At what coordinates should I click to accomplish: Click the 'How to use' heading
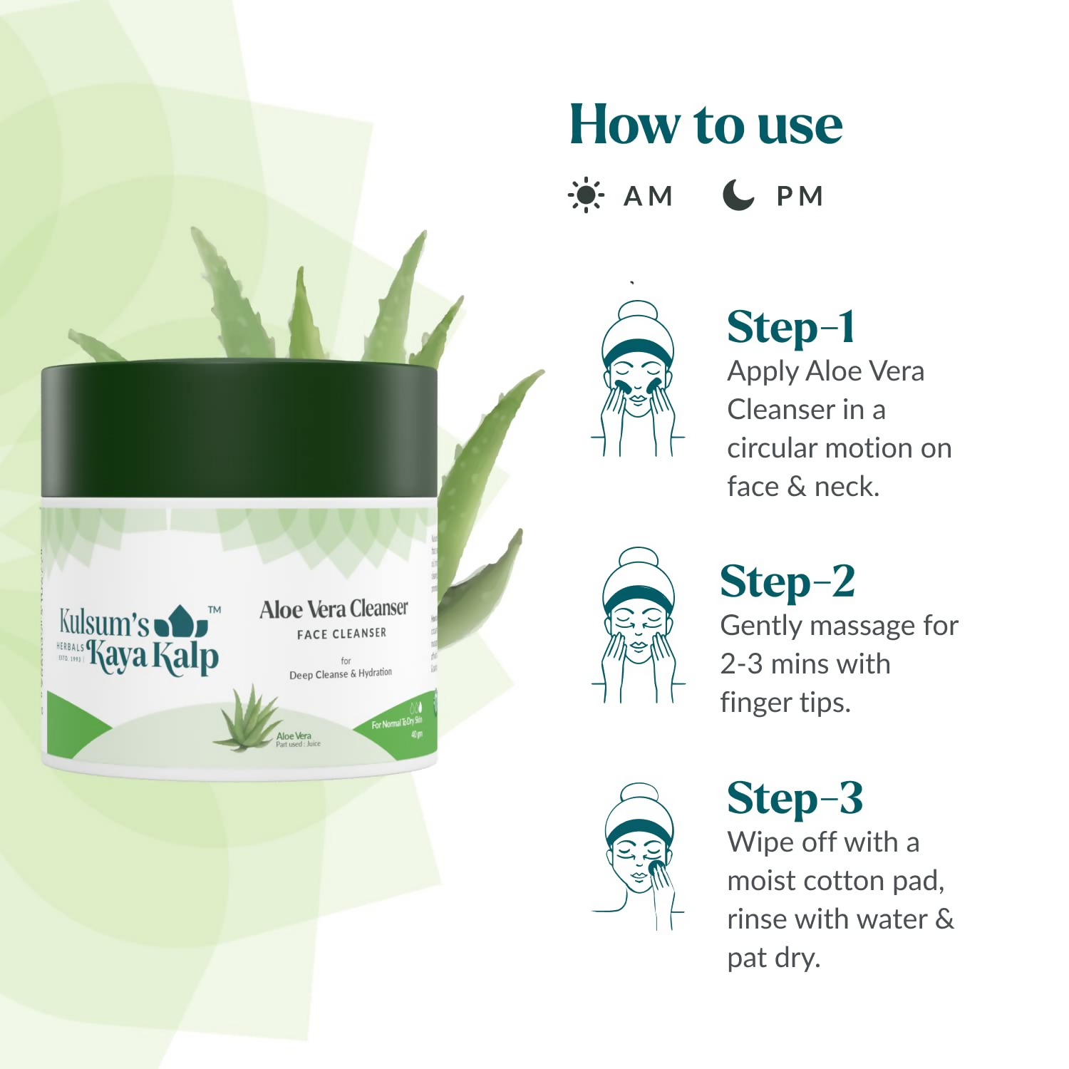pyautogui.click(x=706, y=125)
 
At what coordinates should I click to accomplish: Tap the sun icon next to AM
pyautogui.click(x=586, y=195)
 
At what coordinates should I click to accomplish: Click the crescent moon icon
pyautogui.click(x=738, y=195)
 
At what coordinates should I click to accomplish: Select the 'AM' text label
pyautogui.click(x=648, y=196)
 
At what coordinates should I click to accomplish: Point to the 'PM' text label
pyautogui.click(x=800, y=196)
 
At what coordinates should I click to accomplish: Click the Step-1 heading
pyautogui.click(x=790, y=328)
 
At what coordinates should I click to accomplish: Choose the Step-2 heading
pyautogui.click(x=787, y=582)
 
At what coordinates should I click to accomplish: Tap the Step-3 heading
pyautogui.click(x=795, y=798)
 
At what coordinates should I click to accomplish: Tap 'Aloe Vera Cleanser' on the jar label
pyautogui.click(x=334, y=609)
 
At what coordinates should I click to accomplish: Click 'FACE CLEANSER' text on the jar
pyautogui.click(x=341, y=634)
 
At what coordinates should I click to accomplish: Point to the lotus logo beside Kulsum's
pyautogui.click(x=181, y=621)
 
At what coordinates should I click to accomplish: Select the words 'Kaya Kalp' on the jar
pyautogui.click(x=153, y=657)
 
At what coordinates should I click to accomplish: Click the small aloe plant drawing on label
pyautogui.click(x=247, y=718)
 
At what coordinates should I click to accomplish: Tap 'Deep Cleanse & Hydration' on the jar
pyautogui.click(x=341, y=673)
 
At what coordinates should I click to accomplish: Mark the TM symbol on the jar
pyautogui.click(x=214, y=609)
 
